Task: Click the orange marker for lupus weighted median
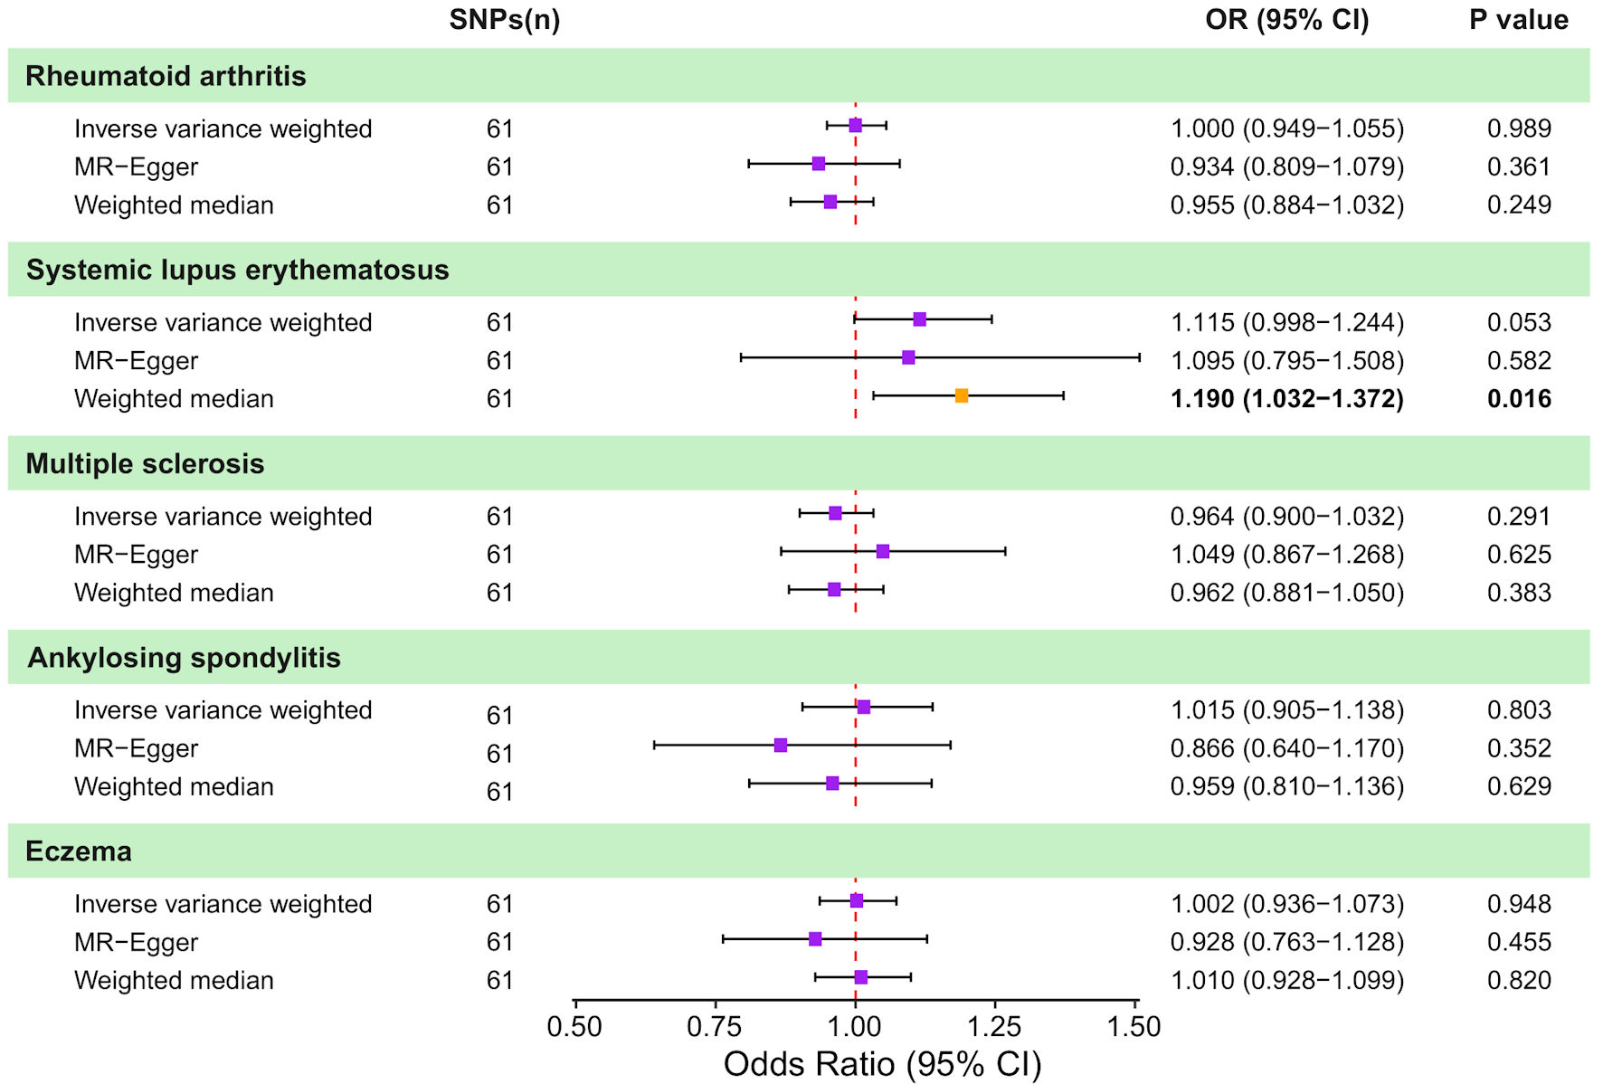click(x=962, y=395)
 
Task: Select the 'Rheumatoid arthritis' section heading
click(x=166, y=76)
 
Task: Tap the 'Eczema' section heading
click(x=79, y=851)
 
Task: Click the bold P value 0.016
click(x=1519, y=399)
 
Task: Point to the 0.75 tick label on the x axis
click(x=715, y=1027)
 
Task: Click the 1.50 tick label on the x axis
click(x=1133, y=1027)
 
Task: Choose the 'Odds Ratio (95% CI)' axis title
click(x=882, y=1064)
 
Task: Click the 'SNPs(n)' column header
click(x=505, y=20)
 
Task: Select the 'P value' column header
click(x=1519, y=20)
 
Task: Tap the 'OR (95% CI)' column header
click(x=1287, y=20)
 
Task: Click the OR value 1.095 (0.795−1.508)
click(x=1287, y=361)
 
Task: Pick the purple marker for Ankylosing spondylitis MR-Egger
click(x=781, y=746)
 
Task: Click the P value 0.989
click(x=1519, y=128)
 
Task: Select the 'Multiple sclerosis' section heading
click(x=145, y=464)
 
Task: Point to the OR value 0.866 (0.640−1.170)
click(x=1287, y=748)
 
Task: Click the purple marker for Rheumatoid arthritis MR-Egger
click(x=819, y=164)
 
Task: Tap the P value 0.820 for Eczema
click(x=1519, y=980)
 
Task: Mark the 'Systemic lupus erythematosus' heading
click(x=237, y=271)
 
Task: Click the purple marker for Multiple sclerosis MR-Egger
click(x=883, y=551)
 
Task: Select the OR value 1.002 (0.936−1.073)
click(x=1287, y=904)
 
